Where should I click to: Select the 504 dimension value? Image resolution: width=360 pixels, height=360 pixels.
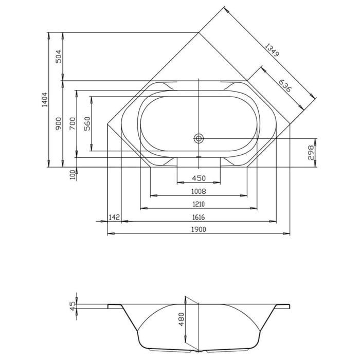coord(59,56)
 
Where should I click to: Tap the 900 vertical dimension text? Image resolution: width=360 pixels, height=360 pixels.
coord(59,123)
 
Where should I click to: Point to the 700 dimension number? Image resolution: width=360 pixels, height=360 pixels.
coord(73,123)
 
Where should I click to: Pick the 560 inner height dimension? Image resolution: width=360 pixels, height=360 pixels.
coord(87,123)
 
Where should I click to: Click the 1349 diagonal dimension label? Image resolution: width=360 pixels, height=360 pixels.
coord(274,53)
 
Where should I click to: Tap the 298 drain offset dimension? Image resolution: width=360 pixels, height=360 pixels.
coord(310,153)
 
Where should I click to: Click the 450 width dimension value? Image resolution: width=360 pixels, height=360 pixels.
coord(199,178)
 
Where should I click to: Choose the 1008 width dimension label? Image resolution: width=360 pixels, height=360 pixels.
coord(199,191)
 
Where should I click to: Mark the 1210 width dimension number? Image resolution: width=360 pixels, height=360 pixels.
coord(199,204)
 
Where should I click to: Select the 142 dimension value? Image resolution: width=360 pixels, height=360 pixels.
coord(114,217)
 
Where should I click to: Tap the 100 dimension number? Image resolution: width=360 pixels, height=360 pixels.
coord(73,175)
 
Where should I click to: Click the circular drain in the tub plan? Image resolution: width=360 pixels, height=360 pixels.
coord(199,138)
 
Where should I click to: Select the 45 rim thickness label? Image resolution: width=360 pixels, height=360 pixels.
coord(73,304)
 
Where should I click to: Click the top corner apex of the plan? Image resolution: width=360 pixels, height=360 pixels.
coord(199,32)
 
